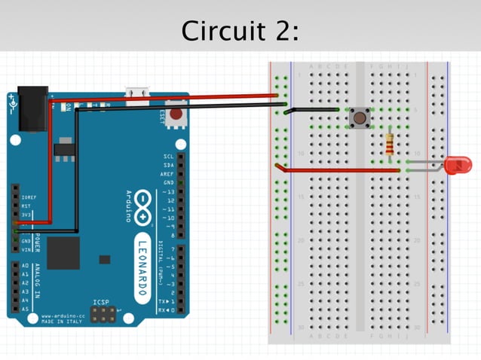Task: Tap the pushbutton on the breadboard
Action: [360, 117]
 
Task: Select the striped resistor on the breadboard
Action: [389, 144]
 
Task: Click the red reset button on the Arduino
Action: [176, 115]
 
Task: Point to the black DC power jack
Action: [32, 103]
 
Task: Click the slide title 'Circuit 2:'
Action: [240, 31]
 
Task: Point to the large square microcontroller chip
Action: [63, 252]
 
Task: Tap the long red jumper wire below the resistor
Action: [339, 170]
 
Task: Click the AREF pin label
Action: [167, 173]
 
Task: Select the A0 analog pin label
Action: [24, 266]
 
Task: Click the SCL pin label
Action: [168, 157]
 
